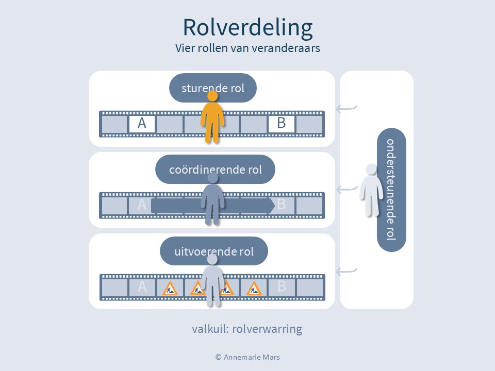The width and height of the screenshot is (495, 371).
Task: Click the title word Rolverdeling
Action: coord(247,28)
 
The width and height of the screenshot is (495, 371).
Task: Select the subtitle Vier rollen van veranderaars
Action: coord(247,49)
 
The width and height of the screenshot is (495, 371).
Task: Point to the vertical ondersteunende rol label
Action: coord(391,189)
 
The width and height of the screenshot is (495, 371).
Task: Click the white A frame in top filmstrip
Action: coord(142,124)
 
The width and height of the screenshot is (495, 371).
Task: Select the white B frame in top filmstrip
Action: coord(281,124)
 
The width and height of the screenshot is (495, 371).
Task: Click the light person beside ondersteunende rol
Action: coord(371,189)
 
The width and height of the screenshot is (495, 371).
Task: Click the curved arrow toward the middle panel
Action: coord(346,190)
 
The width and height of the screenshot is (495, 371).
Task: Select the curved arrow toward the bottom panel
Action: coord(346,271)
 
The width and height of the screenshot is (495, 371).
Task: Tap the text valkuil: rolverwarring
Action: coord(247,329)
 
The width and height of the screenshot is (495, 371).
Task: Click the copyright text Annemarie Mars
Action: coord(247,357)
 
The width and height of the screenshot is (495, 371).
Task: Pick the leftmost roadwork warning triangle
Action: coord(170,289)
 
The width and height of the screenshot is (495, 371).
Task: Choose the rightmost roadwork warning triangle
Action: coord(254,289)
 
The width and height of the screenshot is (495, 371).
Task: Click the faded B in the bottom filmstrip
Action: coord(282,287)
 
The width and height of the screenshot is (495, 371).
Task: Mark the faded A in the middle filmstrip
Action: coord(142,205)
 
